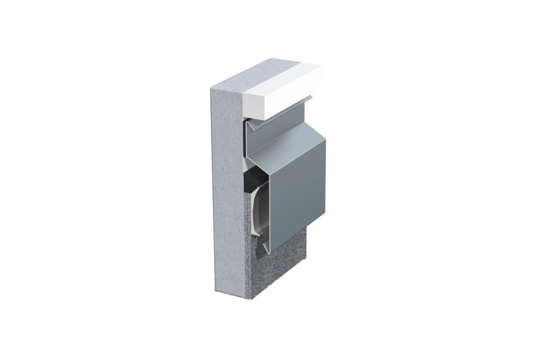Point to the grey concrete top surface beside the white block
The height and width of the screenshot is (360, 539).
tap(230, 84)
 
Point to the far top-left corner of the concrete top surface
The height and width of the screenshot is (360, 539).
tap(208, 89)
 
